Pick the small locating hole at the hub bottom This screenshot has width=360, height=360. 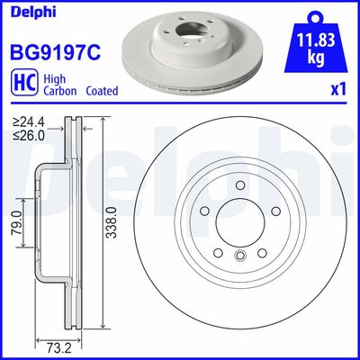pyautogui.click(x=239, y=258)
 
